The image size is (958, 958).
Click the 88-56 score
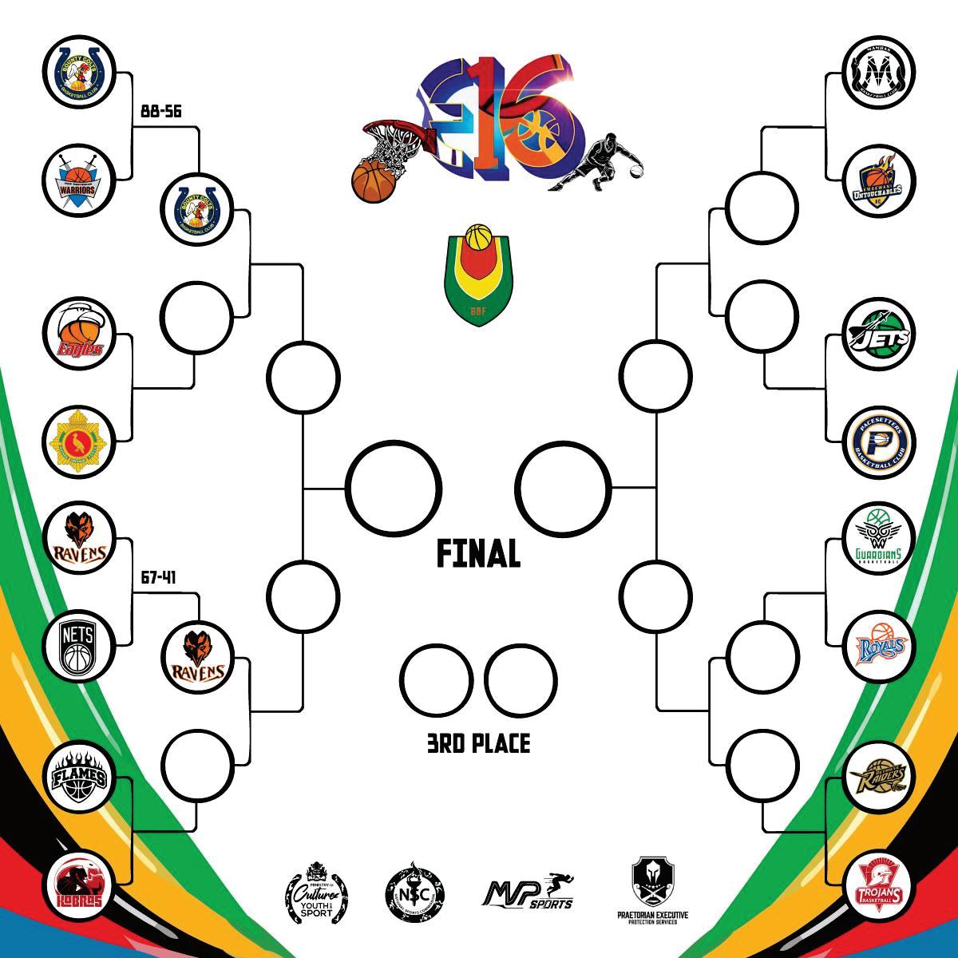160,112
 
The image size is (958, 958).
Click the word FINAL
478,553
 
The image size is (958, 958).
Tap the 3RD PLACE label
478,744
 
